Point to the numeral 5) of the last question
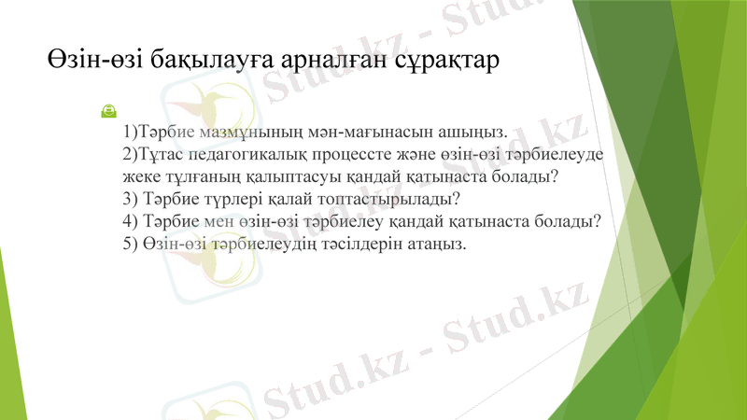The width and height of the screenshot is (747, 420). coord(129,244)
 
